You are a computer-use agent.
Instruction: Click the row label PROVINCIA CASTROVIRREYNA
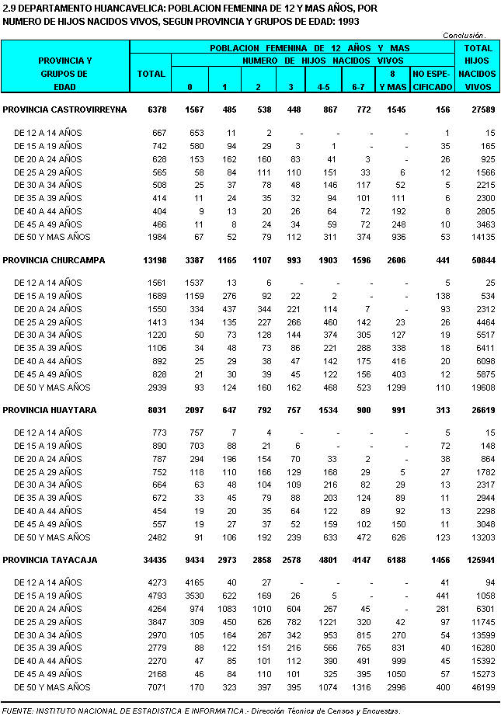pyautogui.click(x=64, y=110)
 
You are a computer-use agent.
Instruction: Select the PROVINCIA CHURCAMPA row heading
pyautogui.click(x=54, y=260)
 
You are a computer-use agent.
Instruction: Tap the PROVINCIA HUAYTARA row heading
pyautogui.click(x=51, y=410)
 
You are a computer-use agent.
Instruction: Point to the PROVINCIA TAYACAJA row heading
pyautogui.click(x=51, y=560)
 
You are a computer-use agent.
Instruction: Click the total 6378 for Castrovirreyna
pyautogui.click(x=155, y=110)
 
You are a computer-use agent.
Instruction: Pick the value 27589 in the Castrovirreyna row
pyautogui.click(x=478, y=110)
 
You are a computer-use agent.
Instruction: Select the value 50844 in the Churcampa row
pyautogui.click(x=478, y=260)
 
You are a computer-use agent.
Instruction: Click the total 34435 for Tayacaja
pyautogui.click(x=153, y=560)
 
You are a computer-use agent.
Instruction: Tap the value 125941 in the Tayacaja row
pyautogui.click(x=475, y=560)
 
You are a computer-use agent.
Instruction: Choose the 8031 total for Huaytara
pyautogui.click(x=155, y=410)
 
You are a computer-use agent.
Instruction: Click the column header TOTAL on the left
pyautogui.click(x=150, y=74)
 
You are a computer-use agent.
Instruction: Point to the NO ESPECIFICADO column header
pyautogui.click(x=432, y=81)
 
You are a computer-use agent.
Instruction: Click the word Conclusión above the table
pyautogui.click(x=464, y=35)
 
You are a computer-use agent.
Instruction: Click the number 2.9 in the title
pyautogui.click(x=9, y=8)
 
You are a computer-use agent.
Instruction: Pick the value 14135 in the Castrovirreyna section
pyautogui.click(x=478, y=237)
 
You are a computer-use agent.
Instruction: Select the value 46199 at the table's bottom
pyautogui.click(x=478, y=687)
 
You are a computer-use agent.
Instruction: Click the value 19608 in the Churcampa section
pyautogui.click(x=478, y=387)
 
